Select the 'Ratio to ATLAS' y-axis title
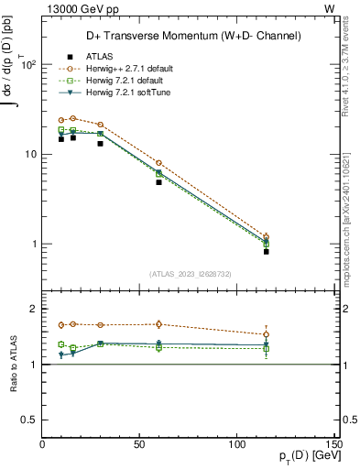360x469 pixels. tap(13, 364)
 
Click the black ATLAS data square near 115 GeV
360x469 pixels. tap(266, 251)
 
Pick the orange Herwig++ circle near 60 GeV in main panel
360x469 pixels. tap(158, 163)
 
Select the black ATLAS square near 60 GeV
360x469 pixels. tap(158, 182)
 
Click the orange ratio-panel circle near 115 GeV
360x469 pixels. tap(266, 334)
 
